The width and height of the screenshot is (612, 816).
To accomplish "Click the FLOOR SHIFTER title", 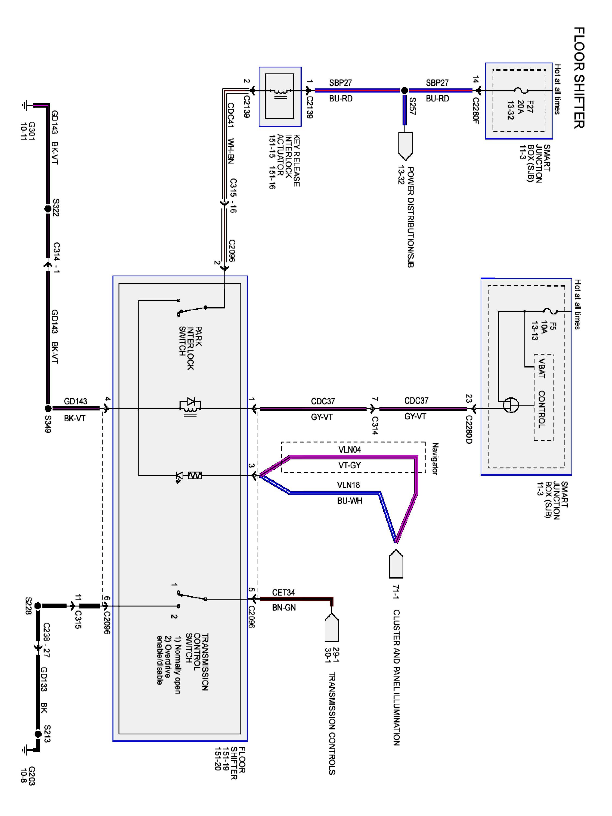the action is (x=579, y=78).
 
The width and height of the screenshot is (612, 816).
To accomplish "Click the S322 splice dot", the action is (x=48, y=209).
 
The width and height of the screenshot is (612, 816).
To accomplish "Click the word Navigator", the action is (x=435, y=459).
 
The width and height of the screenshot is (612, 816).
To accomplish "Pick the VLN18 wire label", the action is (x=348, y=485).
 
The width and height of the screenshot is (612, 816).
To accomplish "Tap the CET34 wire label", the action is (x=283, y=592).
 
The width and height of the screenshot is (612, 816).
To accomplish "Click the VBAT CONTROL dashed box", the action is (x=544, y=397).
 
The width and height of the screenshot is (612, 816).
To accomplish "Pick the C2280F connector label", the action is (x=475, y=110).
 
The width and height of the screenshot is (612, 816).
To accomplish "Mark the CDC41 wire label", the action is (x=231, y=115).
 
